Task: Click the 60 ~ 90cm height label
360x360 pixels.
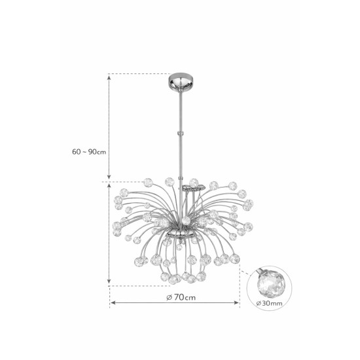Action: coord(89,152)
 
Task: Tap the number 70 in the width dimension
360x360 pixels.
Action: coord(179,297)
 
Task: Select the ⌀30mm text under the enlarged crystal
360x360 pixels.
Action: coord(269,303)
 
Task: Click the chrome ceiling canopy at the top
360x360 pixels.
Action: coord(181,82)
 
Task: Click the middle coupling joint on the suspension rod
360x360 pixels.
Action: coord(181,133)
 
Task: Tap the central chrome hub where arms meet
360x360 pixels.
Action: coord(181,233)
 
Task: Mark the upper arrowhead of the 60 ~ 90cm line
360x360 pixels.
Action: coord(109,77)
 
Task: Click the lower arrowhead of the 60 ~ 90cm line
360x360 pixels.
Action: coord(109,176)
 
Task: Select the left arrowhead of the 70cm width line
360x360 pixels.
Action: coord(113,302)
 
